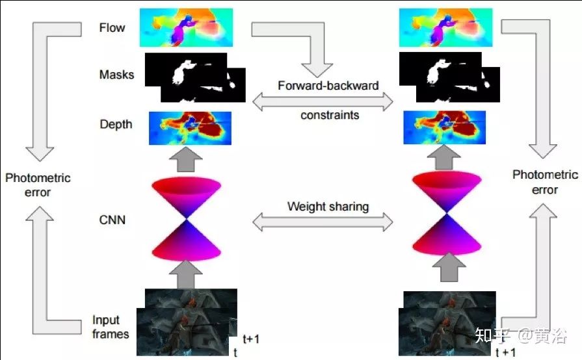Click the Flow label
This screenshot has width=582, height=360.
(x=112, y=28)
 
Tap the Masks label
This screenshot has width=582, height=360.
(x=117, y=74)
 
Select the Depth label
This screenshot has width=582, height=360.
(x=116, y=124)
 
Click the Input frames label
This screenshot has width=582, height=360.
(x=111, y=327)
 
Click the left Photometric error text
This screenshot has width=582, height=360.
(x=37, y=185)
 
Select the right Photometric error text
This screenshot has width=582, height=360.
(x=545, y=182)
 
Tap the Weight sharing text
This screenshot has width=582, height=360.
(x=328, y=207)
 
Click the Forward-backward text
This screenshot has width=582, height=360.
(x=328, y=86)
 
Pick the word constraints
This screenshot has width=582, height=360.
(x=329, y=115)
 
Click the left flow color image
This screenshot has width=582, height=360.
(x=186, y=28)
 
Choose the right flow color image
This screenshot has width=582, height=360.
(x=449, y=28)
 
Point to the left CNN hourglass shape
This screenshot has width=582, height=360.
(x=187, y=219)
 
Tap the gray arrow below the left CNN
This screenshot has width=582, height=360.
(x=187, y=273)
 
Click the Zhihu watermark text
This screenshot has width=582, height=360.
(x=520, y=335)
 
